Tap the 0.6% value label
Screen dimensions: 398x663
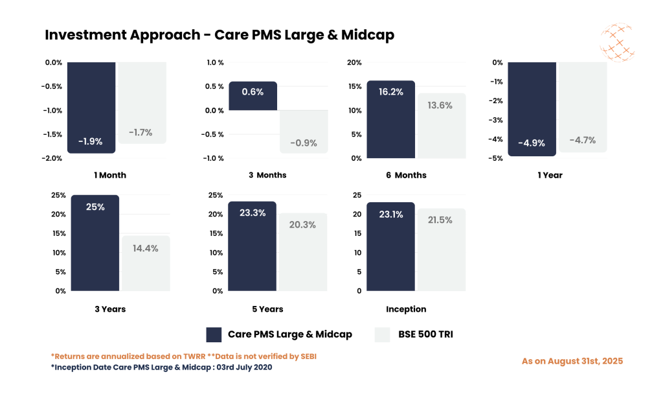tap(253, 92)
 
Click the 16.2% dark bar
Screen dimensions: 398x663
tap(390, 123)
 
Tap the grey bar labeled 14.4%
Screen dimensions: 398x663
tap(146, 266)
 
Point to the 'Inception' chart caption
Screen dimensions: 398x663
tap(406, 309)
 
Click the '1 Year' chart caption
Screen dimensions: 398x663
tap(550, 175)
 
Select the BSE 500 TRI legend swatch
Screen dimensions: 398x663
tap(382, 334)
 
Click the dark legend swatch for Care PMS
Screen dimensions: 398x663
tap(214, 334)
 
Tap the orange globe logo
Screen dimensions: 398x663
tap(616, 41)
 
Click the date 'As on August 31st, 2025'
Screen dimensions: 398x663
tap(572, 361)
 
